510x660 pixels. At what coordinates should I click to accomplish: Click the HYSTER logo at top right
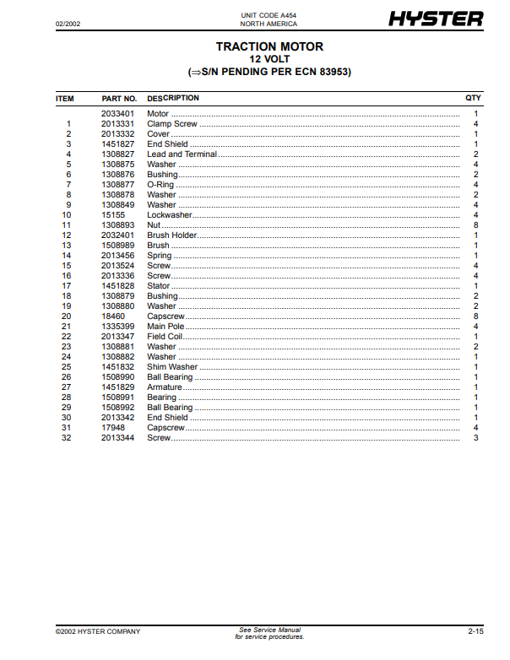pos(436,19)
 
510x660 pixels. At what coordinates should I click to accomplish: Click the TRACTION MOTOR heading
pos(269,46)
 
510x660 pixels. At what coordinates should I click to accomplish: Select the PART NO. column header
pos(119,99)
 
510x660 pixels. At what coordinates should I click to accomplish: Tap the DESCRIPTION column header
pos(173,99)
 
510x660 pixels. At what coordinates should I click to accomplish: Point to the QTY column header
pos(473,99)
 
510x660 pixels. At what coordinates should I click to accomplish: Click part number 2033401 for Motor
pos(117,114)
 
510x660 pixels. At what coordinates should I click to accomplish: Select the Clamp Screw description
pos(172,124)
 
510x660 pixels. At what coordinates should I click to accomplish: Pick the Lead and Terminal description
pos(182,154)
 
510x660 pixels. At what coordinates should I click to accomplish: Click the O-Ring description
pos(160,185)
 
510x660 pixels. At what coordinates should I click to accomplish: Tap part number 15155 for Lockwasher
pos(112,215)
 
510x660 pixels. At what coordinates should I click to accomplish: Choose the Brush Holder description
pos(171,235)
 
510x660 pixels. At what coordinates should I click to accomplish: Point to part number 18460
pos(112,316)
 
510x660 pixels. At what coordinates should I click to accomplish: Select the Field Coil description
pos(165,337)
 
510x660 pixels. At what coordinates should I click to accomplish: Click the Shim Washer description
pos(172,367)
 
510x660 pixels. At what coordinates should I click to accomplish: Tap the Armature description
pos(165,387)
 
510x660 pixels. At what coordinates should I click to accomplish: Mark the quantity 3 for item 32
pos(476,438)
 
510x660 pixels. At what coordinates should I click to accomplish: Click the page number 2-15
pos(475,631)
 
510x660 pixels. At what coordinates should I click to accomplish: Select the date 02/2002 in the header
pos(68,21)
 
